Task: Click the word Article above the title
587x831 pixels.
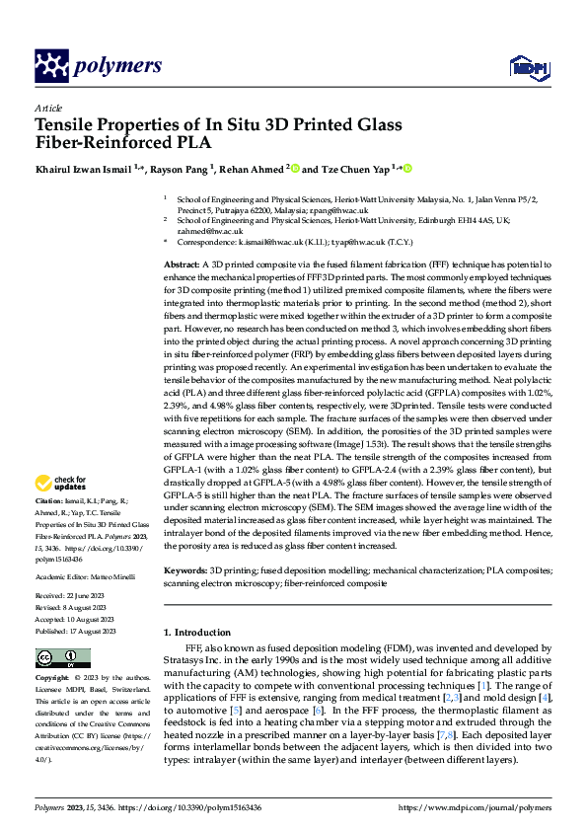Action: (x=48, y=108)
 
